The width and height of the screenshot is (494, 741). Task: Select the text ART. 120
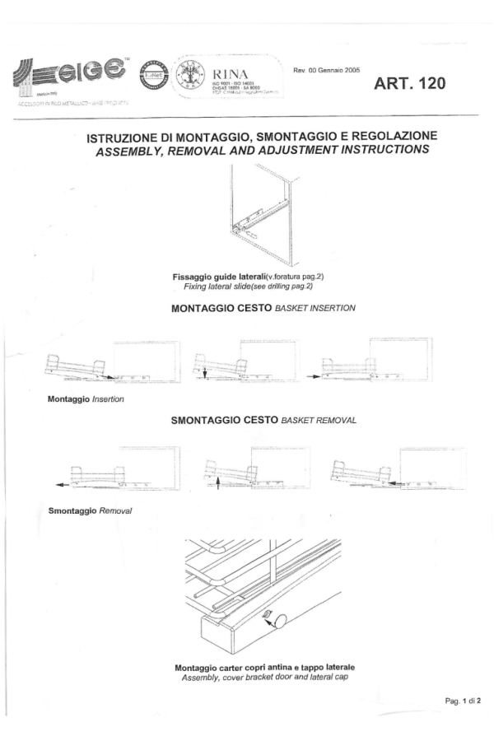410,84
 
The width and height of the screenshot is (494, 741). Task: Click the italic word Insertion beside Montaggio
118,399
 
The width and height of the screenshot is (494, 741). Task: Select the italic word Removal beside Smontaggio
117,510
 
